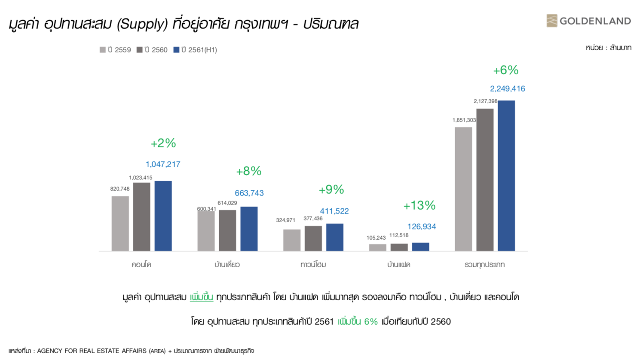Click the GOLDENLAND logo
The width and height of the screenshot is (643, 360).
pos(588,21)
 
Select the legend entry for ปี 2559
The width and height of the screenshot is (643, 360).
pos(115,50)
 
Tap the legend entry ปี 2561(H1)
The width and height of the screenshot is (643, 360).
pos(195,50)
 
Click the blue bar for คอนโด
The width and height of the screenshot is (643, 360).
pos(163,216)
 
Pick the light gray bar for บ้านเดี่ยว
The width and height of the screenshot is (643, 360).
pos(206,231)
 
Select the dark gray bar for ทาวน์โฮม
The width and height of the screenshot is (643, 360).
pos(313,238)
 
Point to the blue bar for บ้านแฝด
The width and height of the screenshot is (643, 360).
pos(420,247)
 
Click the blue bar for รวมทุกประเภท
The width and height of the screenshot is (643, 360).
pos(506,176)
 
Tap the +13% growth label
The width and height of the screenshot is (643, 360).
pos(419,206)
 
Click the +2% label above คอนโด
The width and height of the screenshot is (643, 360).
pos(163,143)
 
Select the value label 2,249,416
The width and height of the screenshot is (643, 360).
pos(507,89)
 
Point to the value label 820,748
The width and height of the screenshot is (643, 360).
pos(119,189)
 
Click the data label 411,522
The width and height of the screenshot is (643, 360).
pos(334,211)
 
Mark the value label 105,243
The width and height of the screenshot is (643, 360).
pos(376,238)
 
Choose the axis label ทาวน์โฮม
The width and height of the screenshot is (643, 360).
pos(313,265)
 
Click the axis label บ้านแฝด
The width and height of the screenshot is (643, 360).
pos(398,265)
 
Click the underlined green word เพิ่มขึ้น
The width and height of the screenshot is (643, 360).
pos(202,297)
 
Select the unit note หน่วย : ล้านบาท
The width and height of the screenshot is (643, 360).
pos(608,48)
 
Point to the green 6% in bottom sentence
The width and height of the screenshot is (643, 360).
pos(370,322)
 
